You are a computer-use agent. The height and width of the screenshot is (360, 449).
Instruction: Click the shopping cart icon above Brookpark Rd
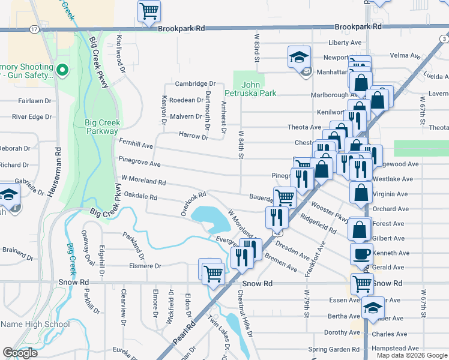[x=149, y=11]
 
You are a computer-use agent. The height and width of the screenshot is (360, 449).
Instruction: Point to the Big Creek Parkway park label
[x=102, y=127]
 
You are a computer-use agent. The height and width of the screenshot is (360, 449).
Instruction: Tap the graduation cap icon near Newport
[x=298, y=57]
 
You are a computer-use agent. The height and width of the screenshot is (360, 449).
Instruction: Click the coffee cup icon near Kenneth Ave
[x=360, y=253]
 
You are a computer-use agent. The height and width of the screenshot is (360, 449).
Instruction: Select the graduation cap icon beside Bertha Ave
[x=373, y=307]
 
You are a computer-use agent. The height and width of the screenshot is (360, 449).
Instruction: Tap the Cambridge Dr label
[x=194, y=84]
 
